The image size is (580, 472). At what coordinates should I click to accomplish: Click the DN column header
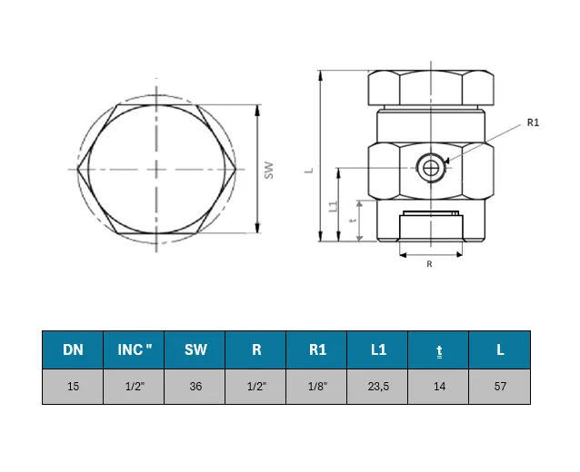click(x=73, y=349)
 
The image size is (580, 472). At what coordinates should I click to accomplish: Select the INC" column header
click(x=134, y=349)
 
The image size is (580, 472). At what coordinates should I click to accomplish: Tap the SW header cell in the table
click(x=195, y=349)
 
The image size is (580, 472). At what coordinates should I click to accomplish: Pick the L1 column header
click(x=377, y=349)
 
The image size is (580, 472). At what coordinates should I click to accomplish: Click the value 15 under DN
click(x=74, y=387)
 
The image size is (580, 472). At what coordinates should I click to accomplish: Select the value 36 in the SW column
click(x=195, y=387)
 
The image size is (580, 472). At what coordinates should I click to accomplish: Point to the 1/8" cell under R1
click(x=318, y=387)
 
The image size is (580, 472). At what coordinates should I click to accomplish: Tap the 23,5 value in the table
click(x=378, y=387)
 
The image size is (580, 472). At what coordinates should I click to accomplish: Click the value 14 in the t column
click(x=439, y=387)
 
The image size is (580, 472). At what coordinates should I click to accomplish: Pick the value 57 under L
click(x=500, y=387)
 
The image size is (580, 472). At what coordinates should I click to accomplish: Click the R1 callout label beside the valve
click(x=533, y=123)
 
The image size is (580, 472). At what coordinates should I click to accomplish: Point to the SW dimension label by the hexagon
click(x=269, y=171)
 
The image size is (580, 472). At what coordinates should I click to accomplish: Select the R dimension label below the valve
click(x=429, y=264)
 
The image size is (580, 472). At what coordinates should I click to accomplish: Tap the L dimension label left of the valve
click(x=309, y=171)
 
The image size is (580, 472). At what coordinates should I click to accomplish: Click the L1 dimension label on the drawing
click(x=334, y=206)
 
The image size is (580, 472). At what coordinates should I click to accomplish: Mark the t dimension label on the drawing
click(x=354, y=221)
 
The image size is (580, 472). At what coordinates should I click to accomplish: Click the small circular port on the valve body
click(x=431, y=169)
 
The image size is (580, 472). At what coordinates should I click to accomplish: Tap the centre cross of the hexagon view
click(x=156, y=170)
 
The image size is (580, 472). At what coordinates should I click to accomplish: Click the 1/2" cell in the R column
click(x=256, y=387)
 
